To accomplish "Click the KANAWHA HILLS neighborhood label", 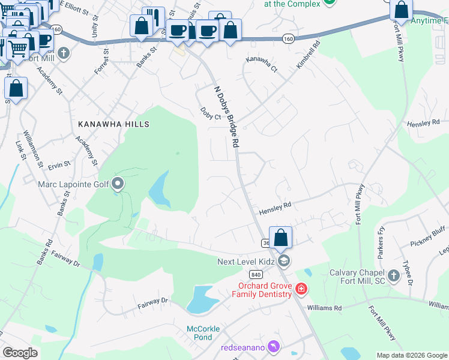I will pos(113,124).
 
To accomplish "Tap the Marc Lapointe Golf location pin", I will pos(118,184).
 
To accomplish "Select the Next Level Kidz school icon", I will pos(285,260).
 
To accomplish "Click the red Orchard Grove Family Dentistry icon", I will pos(301,290).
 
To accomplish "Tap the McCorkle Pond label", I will pos(203,332).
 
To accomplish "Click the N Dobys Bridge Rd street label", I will pos(227,116).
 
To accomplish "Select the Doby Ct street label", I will pos(211,113).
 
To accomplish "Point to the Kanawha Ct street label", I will pos(262,65).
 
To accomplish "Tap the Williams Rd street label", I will pos(325,308).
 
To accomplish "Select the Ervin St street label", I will pos(59,163).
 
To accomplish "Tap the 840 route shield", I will pos(257,274).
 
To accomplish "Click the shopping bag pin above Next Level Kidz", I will pos(280,238).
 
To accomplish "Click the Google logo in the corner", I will pos(20,353).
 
